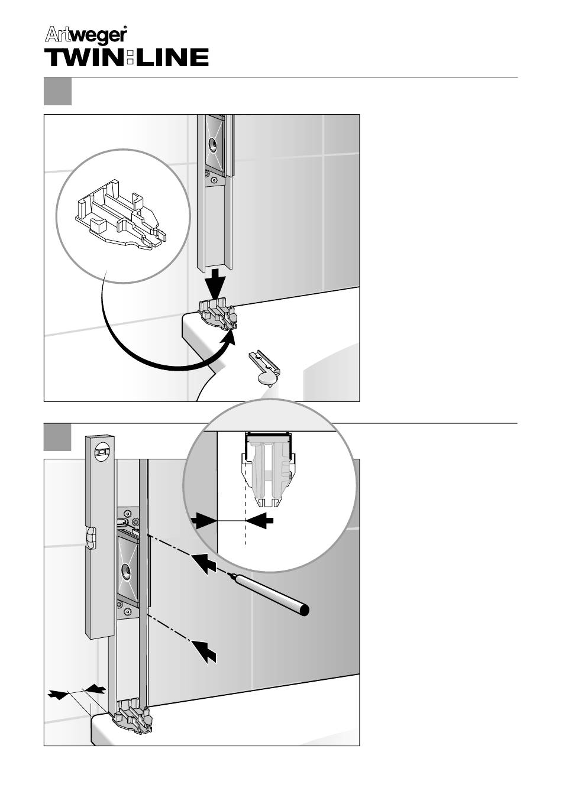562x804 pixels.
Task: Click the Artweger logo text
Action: coord(86,35)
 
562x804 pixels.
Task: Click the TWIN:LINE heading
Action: coord(127,57)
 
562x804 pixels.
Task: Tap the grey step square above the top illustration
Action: coord(57,92)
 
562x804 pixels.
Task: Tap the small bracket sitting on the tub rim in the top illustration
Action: coord(217,315)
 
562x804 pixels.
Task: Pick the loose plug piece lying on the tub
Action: coord(264,369)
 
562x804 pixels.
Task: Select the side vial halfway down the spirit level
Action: coord(91,538)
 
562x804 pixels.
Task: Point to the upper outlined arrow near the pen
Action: coord(204,563)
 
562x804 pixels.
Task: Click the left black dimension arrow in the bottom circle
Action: coord(204,520)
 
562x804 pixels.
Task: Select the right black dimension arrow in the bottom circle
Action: coord(260,520)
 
